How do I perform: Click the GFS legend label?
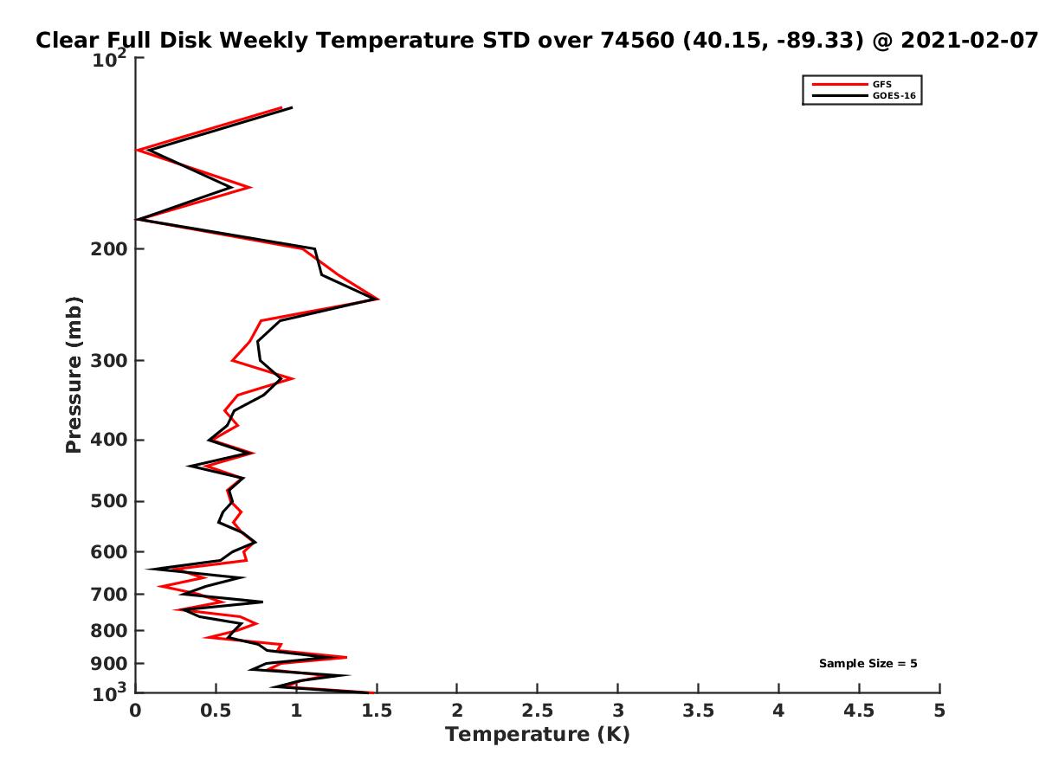881,84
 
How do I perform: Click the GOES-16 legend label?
894,95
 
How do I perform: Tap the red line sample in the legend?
839,84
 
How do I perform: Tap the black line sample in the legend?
839,95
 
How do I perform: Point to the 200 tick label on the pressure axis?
109,249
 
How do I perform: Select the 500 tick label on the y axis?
109,501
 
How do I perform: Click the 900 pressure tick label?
109,664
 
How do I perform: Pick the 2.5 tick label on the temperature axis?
537,711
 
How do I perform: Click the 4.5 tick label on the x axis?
859,711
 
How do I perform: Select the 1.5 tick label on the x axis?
377,711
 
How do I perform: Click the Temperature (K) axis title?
538,735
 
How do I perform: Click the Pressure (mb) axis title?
74,375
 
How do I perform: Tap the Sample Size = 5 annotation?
868,663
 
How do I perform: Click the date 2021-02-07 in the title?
969,40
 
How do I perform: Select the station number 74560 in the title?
636,40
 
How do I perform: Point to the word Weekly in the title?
266,41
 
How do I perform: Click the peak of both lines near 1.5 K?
378,299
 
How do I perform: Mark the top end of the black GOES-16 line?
292,108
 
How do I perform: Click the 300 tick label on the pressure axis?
109,361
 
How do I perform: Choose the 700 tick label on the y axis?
109,595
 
